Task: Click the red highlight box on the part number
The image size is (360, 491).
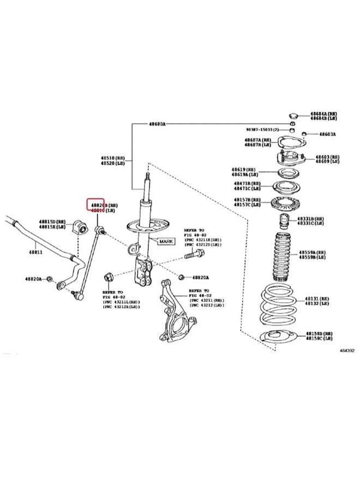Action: tap(96, 205)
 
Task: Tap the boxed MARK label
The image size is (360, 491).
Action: tap(166, 240)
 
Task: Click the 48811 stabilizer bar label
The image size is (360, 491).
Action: tap(35, 252)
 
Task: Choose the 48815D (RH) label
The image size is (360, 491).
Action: tap(52, 222)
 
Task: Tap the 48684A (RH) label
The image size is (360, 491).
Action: tap(323, 113)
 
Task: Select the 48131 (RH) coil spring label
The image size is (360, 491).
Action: tap(317, 299)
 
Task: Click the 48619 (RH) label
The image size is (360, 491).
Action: tap(246, 170)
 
